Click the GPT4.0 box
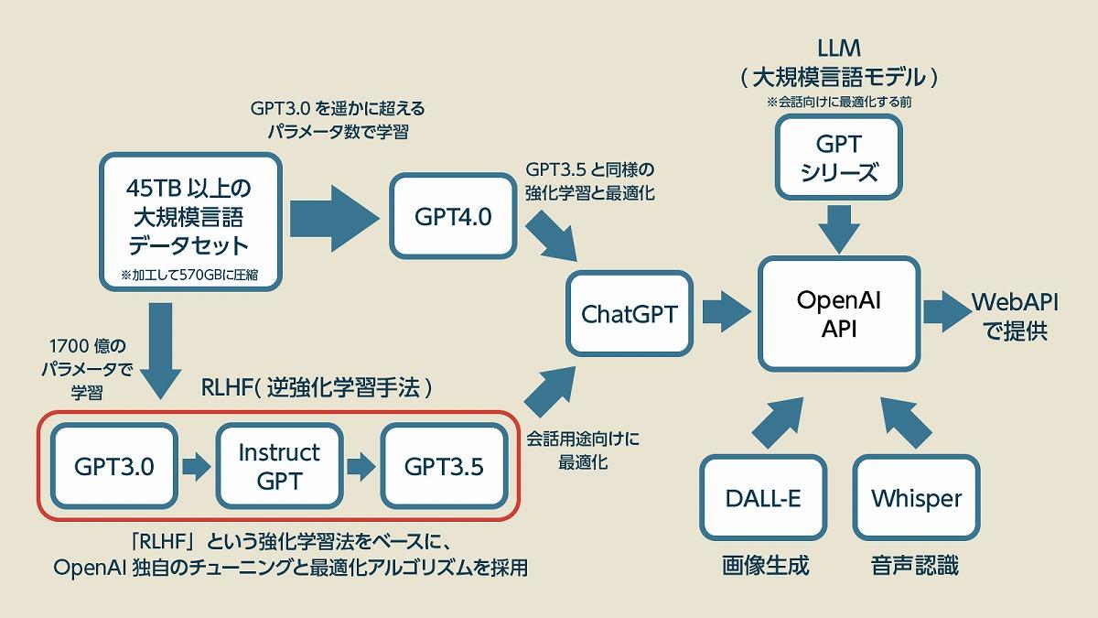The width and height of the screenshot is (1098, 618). pyautogui.click(x=453, y=216)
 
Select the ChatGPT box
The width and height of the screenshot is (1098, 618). pyautogui.click(x=629, y=314)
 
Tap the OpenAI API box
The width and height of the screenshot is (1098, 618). pyautogui.click(x=838, y=315)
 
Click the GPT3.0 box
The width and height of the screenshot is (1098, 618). pyautogui.click(x=113, y=467)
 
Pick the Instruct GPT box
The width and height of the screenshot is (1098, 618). pyautogui.click(x=278, y=467)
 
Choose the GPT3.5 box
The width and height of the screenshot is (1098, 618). pyautogui.click(x=444, y=467)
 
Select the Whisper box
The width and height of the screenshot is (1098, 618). pyautogui.click(x=916, y=499)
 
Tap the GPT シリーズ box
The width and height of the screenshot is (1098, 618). pyautogui.click(x=839, y=157)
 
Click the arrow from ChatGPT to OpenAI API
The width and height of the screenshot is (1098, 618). pyautogui.click(x=727, y=311)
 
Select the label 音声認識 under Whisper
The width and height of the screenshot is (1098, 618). pyautogui.click(x=915, y=565)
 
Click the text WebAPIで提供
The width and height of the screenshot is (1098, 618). pyautogui.click(x=1009, y=316)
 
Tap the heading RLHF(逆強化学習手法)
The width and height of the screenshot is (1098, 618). pyautogui.click(x=316, y=388)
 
